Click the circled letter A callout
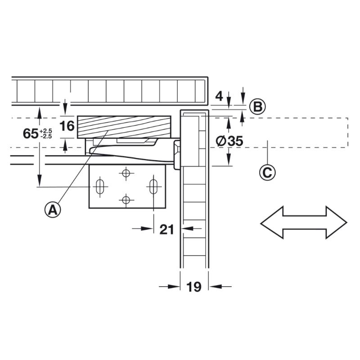53,209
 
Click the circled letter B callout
257,107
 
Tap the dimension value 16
67,126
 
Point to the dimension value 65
31,134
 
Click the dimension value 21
166,229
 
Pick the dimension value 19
194,287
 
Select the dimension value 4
219,96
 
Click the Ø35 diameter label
229,141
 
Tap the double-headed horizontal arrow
303,222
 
